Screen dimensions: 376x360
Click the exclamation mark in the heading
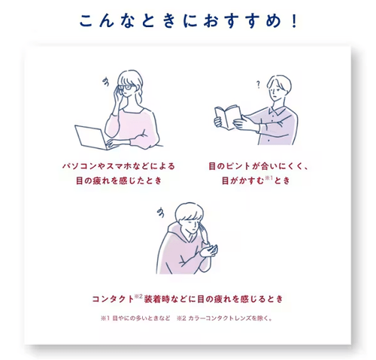click(294, 21)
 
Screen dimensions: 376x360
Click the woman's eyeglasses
click(129, 87)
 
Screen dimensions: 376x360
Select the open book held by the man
click(228, 117)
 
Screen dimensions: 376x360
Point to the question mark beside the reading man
click(258, 85)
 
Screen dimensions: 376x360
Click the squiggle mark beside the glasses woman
click(106, 82)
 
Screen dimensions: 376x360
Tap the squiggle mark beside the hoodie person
click(161, 213)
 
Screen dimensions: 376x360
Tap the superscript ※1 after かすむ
click(268, 178)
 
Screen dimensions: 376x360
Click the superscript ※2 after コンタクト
click(138, 296)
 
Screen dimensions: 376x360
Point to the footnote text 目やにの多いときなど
click(141, 319)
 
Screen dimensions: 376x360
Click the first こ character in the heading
click(86, 21)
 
